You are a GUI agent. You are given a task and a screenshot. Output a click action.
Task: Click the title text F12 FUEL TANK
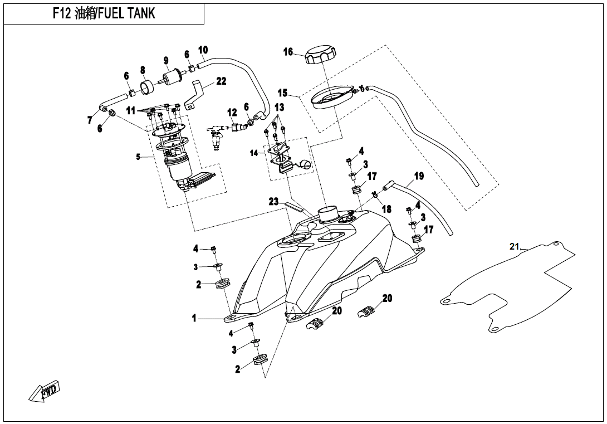click(104, 14)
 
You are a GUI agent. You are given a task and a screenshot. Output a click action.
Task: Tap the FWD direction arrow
click(45, 392)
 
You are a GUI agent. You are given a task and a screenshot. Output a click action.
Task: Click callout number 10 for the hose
click(203, 50)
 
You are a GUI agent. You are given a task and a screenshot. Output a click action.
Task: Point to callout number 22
click(221, 81)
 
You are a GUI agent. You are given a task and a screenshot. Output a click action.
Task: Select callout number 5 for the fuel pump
click(138, 157)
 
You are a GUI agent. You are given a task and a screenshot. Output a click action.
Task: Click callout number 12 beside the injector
click(232, 113)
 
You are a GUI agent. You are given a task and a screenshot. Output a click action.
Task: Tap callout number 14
click(254, 153)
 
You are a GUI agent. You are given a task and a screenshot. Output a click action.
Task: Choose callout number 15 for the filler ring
click(283, 92)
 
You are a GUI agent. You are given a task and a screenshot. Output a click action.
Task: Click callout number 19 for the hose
click(419, 176)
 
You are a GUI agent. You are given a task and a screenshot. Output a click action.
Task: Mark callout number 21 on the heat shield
click(514, 246)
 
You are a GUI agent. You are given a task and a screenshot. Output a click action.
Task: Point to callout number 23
click(273, 202)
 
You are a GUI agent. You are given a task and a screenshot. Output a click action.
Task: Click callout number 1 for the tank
click(194, 318)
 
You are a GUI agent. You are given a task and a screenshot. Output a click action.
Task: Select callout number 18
click(386, 209)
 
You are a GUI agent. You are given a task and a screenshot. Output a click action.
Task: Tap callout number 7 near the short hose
click(90, 120)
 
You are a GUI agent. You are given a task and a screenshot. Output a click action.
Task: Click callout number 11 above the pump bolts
click(130, 111)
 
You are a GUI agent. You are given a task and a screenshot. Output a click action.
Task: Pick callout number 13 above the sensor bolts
click(279, 107)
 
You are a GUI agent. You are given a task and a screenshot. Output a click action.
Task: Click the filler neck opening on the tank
click(327, 212)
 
